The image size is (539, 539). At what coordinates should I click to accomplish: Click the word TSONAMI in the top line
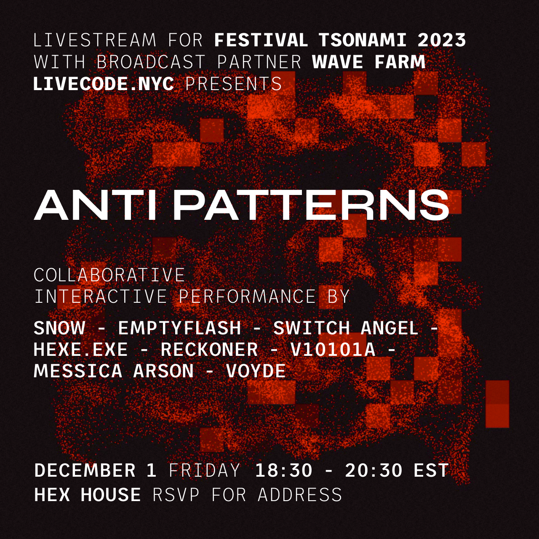[362, 40]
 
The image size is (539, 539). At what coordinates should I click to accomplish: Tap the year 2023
[442, 40]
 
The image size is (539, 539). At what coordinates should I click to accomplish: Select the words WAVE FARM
[368, 62]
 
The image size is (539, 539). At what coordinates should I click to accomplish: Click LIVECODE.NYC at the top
[104, 84]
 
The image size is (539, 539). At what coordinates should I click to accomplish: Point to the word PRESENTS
[234, 84]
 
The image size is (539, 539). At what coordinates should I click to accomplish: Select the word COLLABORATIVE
[109, 275]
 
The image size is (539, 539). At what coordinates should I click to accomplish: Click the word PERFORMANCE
[247, 296]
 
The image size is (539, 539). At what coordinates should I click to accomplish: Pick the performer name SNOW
[59, 328]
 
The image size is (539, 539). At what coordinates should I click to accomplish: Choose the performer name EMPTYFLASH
[179, 328]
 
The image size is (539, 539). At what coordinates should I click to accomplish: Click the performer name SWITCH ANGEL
[346, 328]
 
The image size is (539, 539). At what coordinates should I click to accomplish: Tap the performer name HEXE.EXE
[80, 350]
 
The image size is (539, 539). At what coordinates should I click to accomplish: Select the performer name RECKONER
[209, 350]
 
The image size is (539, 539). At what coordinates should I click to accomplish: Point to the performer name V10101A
[333, 350]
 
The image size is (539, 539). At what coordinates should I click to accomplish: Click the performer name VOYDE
[256, 371]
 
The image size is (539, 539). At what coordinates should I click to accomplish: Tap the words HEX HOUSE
[87, 495]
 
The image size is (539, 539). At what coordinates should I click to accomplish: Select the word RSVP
[176, 495]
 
